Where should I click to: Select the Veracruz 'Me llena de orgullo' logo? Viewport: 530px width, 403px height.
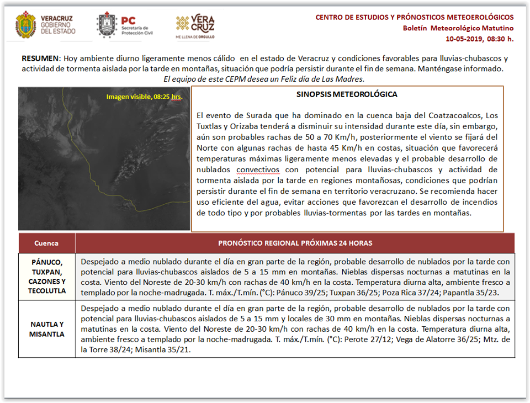point(195,25)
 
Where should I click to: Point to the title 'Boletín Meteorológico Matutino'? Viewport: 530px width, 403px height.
point(458,28)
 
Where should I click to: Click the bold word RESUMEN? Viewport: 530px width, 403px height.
point(40,59)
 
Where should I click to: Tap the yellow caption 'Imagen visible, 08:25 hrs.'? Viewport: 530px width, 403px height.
point(144,97)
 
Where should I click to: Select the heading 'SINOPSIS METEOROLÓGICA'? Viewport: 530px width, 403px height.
point(347,94)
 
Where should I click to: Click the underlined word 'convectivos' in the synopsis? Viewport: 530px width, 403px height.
point(258,169)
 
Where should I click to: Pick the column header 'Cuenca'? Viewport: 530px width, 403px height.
point(46,243)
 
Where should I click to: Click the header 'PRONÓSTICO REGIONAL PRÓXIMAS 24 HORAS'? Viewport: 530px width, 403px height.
point(295,243)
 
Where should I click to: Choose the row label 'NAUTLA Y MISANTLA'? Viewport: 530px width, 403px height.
point(46,329)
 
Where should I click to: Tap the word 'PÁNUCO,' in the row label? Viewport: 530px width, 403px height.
point(46,262)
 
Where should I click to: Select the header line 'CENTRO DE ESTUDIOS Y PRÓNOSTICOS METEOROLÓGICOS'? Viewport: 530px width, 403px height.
point(414,17)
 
